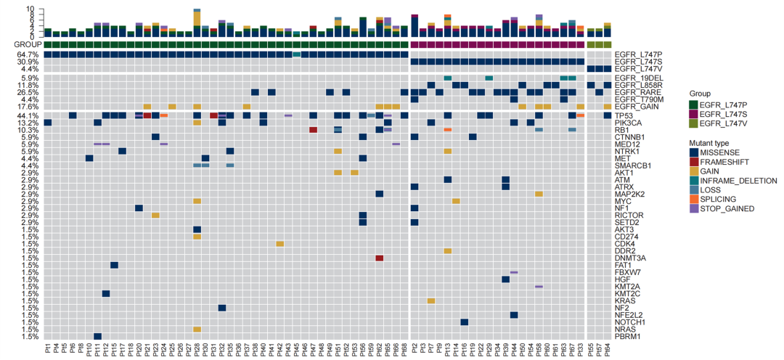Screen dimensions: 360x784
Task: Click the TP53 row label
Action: [x=624, y=115]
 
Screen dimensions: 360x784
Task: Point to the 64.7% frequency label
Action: [x=28, y=54]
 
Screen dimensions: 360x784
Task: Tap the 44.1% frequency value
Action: [x=28, y=115]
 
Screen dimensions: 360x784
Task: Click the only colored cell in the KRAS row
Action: [x=431, y=300]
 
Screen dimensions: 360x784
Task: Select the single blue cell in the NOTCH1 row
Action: [x=464, y=322]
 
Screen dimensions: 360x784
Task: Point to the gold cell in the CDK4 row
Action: [x=280, y=244]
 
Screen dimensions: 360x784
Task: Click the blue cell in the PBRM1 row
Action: [x=97, y=336]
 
